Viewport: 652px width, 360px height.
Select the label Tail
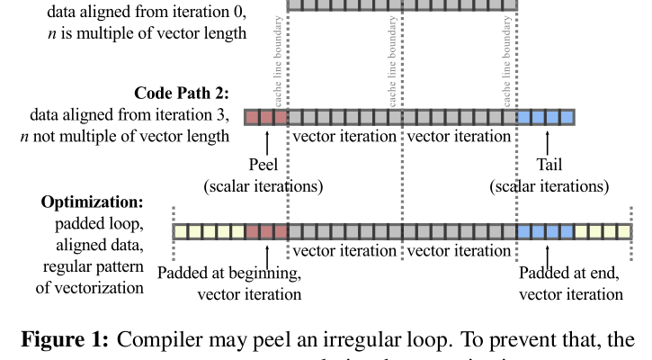[x=549, y=165]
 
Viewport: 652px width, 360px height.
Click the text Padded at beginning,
[x=229, y=274]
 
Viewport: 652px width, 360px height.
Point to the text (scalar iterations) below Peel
[x=263, y=186]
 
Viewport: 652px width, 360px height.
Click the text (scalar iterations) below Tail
[x=549, y=186]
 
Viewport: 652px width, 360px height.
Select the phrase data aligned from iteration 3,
[x=130, y=115]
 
